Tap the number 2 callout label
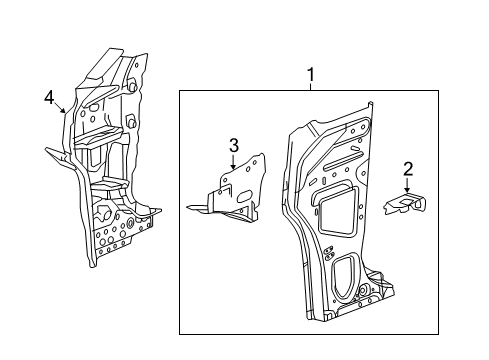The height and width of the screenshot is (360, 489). coord(407,169)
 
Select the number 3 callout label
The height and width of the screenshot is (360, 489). coord(233,146)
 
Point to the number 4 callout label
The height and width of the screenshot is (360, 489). coord(48,97)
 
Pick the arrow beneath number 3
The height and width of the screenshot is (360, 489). coord(233,164)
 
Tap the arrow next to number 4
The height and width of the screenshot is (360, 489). coord(62,107)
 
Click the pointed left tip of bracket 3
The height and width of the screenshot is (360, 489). coord(189,208)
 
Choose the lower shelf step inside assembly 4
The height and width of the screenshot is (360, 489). coord(104,185)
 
